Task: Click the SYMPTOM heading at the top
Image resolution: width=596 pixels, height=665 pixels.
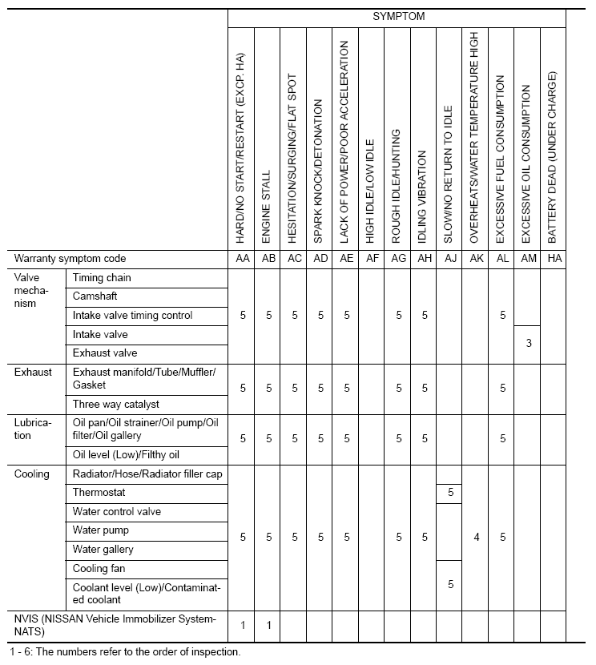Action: pos(398,17)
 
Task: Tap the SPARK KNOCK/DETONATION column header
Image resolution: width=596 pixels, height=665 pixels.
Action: pos(320,171)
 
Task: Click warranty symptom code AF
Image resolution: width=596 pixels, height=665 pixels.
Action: pos(372,259)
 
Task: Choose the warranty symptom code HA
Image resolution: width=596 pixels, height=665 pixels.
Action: pos(553,259)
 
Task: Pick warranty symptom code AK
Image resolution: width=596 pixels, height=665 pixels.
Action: pos(476,259)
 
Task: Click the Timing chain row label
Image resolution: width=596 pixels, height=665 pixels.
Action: pos(102,278)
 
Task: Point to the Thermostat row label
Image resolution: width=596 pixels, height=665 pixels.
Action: pos(99,493)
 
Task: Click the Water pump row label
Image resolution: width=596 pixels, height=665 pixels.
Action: pos(101,530)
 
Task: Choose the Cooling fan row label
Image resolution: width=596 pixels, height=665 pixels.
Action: pos(99,569)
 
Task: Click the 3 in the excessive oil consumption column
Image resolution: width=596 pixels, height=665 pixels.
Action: pos(527,343)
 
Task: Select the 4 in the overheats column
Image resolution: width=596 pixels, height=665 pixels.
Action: pos(476,538)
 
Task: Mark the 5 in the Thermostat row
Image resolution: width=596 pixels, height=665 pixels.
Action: pos(450,493)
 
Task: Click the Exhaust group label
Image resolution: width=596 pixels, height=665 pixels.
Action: pos(33,372)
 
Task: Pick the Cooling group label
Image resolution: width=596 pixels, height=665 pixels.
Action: pos(31,474)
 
